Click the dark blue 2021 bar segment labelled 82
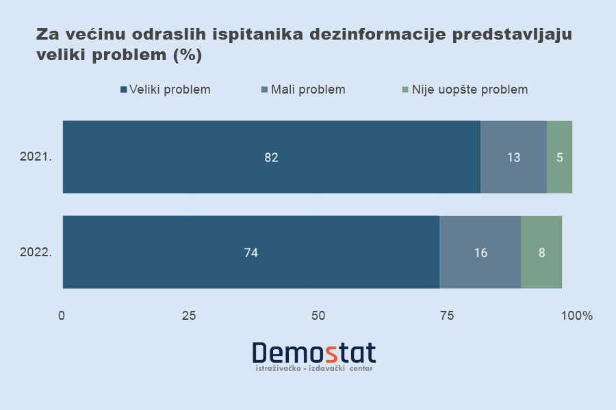pos(271,157)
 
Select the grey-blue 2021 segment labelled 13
pos(513,157)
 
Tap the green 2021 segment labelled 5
pos(559,157)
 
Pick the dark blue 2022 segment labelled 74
pos(251,252)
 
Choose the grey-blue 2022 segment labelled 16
pos(480,252)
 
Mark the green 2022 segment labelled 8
pos(541,252)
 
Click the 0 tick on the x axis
pos(62,316)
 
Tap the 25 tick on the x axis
pos(190,316)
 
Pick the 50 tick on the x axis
pos(318,316)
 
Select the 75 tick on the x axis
pos(446,316)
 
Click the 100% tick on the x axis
pos(576,316)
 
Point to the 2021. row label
pos(36,157)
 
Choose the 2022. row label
pos(36,252)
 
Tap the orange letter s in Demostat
pos(331,353)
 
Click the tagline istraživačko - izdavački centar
pos(313,368)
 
